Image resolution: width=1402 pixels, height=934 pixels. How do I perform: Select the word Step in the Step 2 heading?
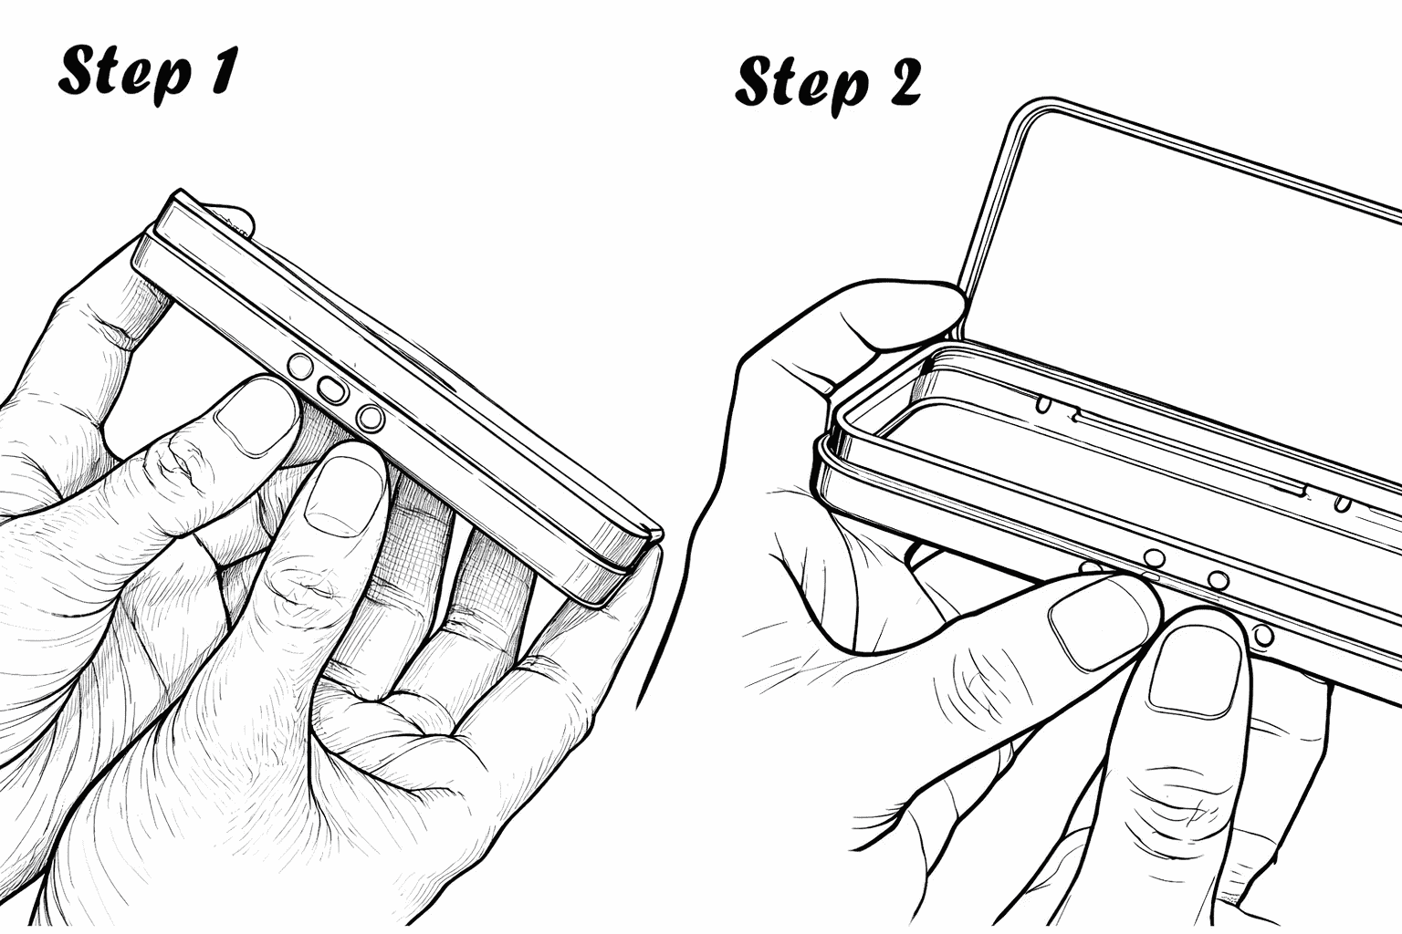[x=800, y=85]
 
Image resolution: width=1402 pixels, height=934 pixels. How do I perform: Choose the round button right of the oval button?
[x=371, y=418]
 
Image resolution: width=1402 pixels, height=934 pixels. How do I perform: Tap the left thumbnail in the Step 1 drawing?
[x=256, y=415]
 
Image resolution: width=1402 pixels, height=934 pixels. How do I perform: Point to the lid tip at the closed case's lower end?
[x=654, y=533]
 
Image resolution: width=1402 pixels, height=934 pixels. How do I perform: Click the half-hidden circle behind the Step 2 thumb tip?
[x=1090, y=567]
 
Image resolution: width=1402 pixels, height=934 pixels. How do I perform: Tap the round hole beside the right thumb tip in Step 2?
[x=1263, y=635]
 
